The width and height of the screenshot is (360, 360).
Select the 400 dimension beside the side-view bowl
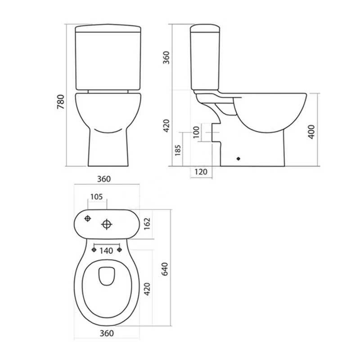click(311, 130)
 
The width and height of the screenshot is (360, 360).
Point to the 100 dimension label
click(196, 133)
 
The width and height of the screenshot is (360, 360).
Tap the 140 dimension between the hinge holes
click(106, 251)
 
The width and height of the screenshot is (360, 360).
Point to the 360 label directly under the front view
click(104, 179)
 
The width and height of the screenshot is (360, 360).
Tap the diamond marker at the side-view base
click(238, 158)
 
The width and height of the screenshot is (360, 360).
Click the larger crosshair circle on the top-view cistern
click(107, 224)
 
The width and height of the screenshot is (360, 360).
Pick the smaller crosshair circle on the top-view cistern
click(88, 219)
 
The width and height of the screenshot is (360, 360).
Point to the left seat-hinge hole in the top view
click(94, 249)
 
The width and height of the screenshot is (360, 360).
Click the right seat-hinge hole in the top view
click(120, 249)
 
